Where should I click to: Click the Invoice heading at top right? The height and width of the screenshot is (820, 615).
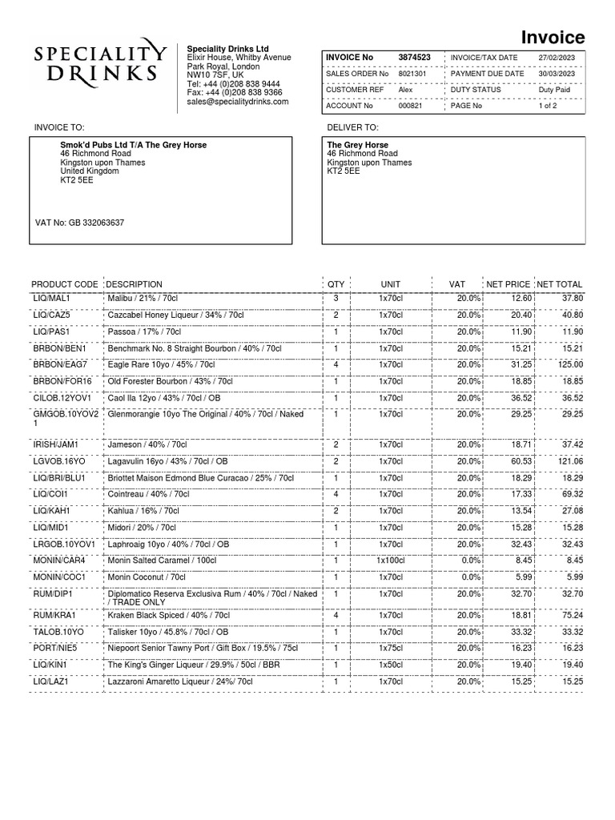[x=553, y=37]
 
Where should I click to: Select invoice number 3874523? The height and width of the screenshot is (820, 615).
[x=415, y=58]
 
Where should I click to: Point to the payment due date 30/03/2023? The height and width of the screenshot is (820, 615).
[x=557, y=74]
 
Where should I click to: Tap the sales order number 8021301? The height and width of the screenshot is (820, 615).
[x=413, y=74]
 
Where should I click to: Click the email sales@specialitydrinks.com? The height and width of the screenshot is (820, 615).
[x=237, y=102]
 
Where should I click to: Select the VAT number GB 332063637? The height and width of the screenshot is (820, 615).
[x=80, y=223]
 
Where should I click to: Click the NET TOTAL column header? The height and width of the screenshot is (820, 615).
[x=560, y=284]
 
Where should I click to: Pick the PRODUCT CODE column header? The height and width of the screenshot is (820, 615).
[x=65, y=284]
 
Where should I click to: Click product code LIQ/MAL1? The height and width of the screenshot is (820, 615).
[x=51, y=298]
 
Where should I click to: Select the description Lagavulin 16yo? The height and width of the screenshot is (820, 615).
[x=167, y=461]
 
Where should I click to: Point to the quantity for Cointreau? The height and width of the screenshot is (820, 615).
[x=336, y=494]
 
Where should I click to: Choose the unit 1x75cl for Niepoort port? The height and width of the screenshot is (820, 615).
[x=391, y=648]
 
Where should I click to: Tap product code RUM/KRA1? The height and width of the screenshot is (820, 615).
[x=54, y=615]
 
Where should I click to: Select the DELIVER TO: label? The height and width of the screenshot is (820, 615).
[x=352, y=127]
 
